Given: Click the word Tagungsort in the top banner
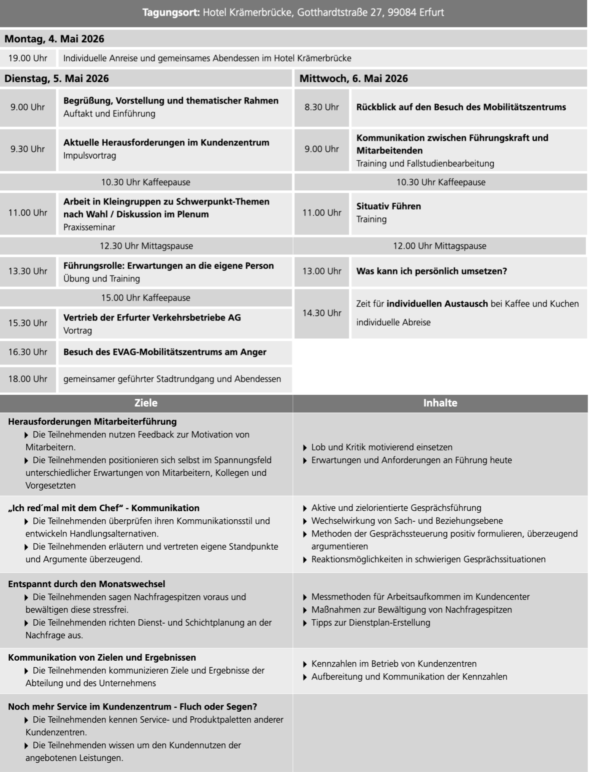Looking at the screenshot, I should click(x=171, y=13).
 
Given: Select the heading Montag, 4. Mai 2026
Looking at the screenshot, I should click(x=54, y=39).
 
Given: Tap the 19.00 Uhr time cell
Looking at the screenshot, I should click(x=28, y=58).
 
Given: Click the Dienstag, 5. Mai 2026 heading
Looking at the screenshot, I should click(x=57, y=78).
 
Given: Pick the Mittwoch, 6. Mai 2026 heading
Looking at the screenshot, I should click(x=354, y=78).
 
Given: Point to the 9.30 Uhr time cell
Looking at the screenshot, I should click(x=28, y=149).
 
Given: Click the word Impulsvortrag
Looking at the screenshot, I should click(x=89, y=156).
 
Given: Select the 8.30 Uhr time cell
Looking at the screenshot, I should click(x=322, y=107).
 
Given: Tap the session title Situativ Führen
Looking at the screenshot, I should click(x=389, y=206).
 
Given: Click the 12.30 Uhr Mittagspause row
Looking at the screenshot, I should click(x=146, y=246).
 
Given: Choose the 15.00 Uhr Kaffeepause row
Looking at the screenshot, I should click(x=146, y=298).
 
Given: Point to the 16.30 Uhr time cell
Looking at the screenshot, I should click(x=28, y=352).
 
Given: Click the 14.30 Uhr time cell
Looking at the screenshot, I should click(x=322, y=313).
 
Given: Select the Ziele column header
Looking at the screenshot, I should click(x=146, y=403).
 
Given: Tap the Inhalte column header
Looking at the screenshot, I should click(x=440, y=403).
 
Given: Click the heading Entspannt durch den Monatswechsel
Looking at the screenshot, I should click(x=86, y=584).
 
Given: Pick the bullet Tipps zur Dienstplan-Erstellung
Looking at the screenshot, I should click(x=370, y=623).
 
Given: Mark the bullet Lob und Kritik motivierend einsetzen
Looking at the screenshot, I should click(x=381, y=447).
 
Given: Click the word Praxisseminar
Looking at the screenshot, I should click(x=89, y=227).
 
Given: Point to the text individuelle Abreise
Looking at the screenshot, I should click(x=393, y=322).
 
